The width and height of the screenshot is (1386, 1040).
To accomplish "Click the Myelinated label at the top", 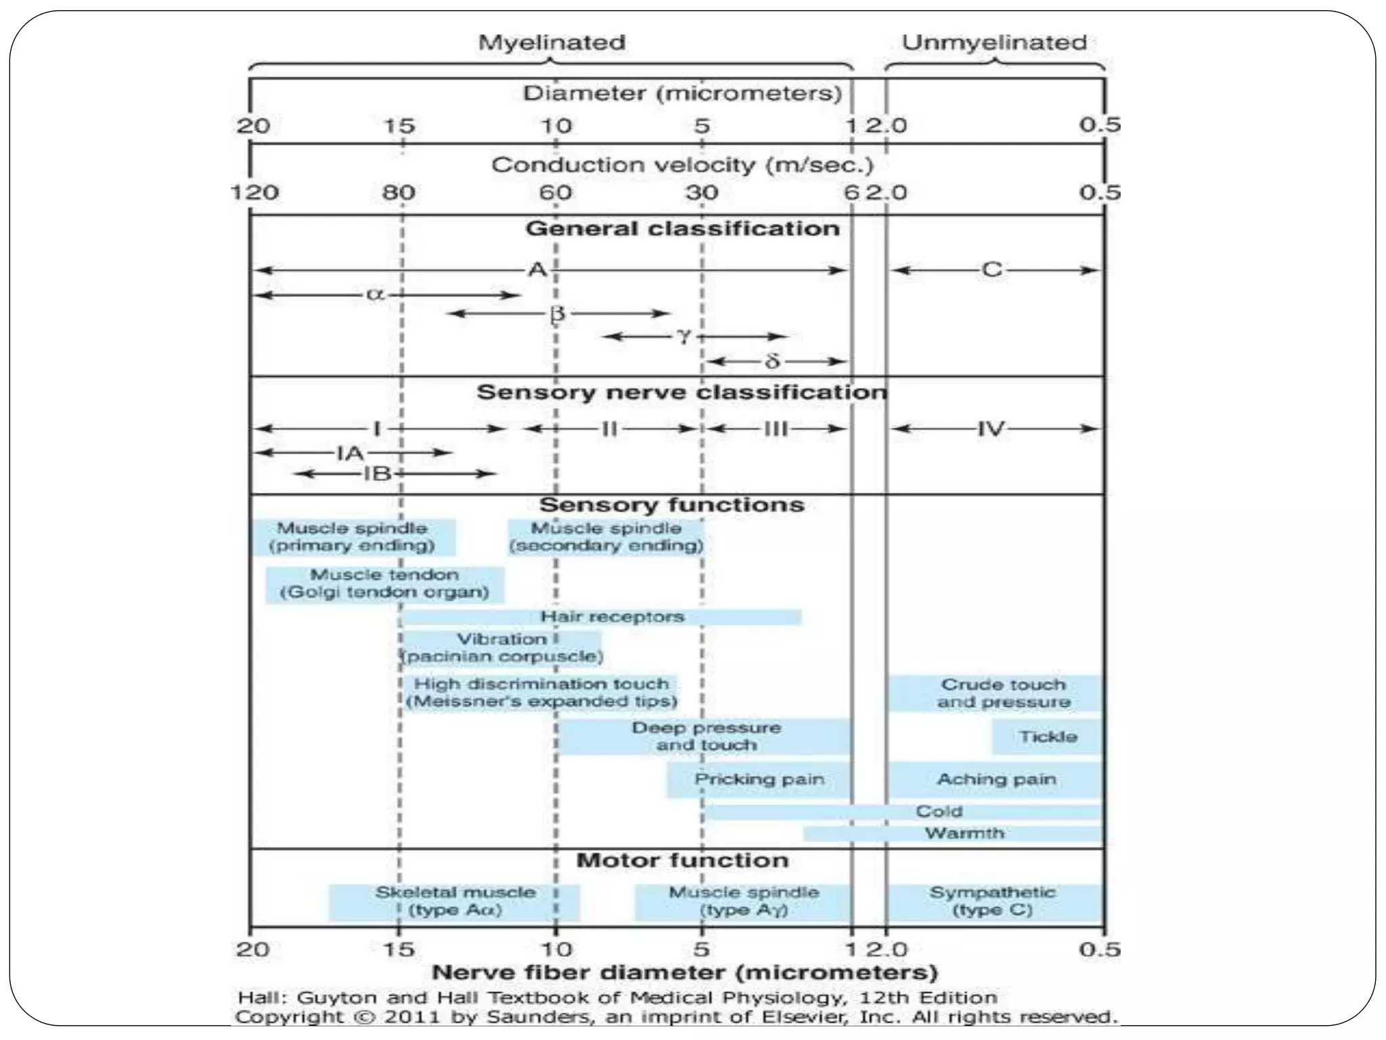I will pyautogui.click(x=552, y=43).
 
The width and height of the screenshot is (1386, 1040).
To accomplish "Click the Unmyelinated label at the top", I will pyautogui.click(x=994, y=43).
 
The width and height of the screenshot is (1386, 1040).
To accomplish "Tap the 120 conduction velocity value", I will pyautogui.click(x=254, y=193).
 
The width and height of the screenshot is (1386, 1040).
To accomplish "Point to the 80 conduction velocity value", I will pyautogui.click(x=399, y=193).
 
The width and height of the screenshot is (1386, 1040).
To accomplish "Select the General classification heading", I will pyautogui.click(x=682, y=229).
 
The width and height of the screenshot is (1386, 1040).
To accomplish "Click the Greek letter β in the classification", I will pyautogui.click(x=557, y=314).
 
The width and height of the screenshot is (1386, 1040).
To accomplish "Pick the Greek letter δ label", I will pyautogui.click(x=772, y=362).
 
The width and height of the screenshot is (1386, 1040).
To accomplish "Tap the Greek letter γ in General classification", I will pyautogui.click(x=684, y=336).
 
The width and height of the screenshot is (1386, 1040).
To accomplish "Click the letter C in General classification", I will pyautogui.click(x=991, y=270).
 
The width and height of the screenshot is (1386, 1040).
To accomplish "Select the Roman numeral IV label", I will pyautogui.click(x=991, y=429).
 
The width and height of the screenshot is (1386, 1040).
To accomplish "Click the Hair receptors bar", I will pyautogui.click(x=602, y=617).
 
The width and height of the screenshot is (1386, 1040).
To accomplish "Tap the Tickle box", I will pyautogui.click(x=1048, y=737).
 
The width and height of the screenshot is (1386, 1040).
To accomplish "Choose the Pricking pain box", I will pyautogui.click(x=759, y=779).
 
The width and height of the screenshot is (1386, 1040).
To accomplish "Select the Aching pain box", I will pyautogui.click(x=996, y=779).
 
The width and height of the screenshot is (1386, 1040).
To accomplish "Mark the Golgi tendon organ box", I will pyautogui.click(x=384, y=584).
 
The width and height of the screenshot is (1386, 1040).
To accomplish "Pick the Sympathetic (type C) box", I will pyautogui.click(x=993, y=902).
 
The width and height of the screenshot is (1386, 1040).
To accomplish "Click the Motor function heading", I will pyautogui.click(x=682, y=861).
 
